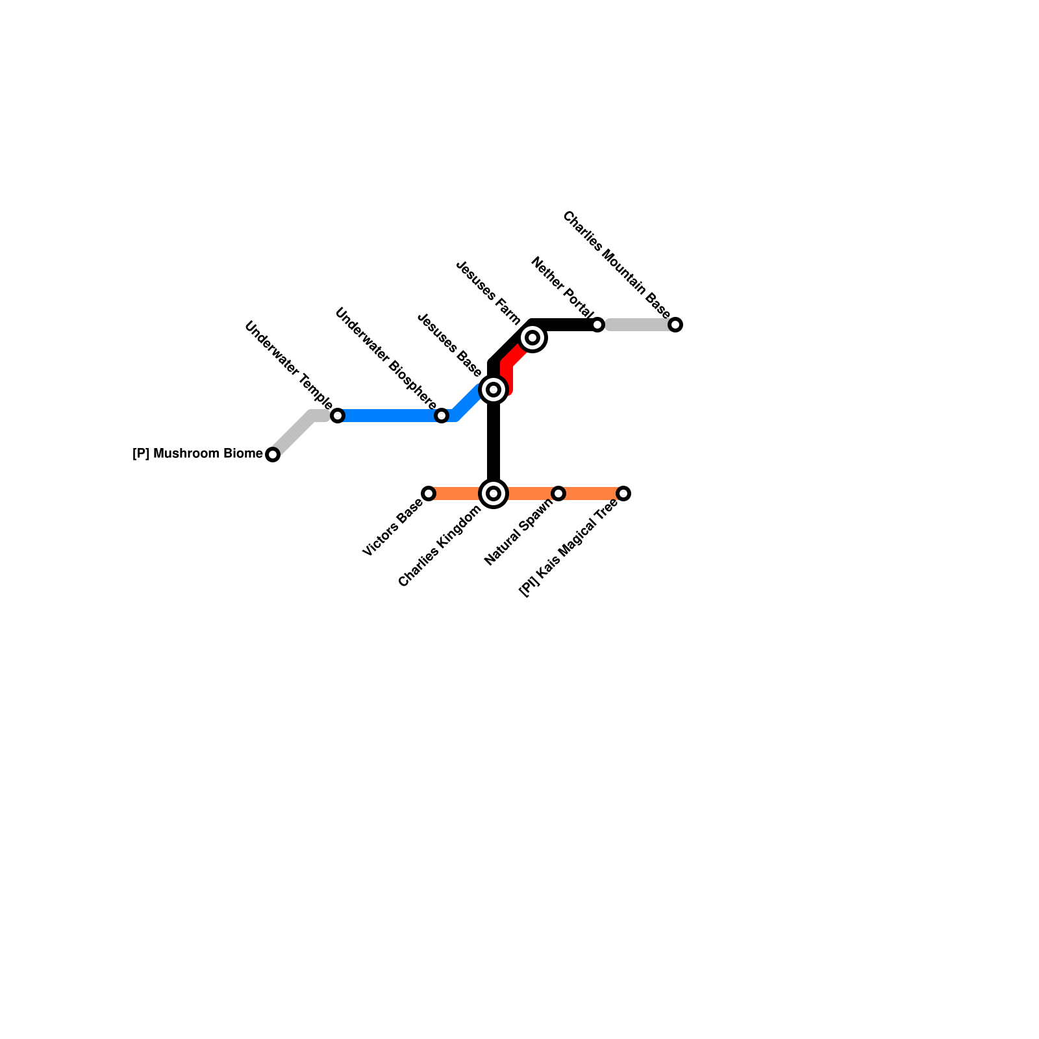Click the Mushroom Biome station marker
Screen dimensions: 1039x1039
pyautogui.click(x=273, y=455)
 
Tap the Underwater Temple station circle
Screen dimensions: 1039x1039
pyautogui.click(x=338, y=416)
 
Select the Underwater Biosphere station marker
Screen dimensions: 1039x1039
pyautogui.click(x=442, y=416)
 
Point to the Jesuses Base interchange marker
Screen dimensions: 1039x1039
pyautogui.click(x=494, y=390)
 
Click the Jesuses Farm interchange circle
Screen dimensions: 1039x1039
pyautogui.click(x=532, y=338)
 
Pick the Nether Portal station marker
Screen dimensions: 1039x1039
pyautogui.click(x=597, y=325)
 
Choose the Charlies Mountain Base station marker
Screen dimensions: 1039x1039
pyautogui.click(x=675, y=325)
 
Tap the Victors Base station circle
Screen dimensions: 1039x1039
pyautogui.click(x=429, y=494)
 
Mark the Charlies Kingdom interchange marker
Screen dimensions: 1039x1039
pyautogui.click(x=494, y=494)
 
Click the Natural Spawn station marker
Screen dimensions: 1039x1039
pyautogui.click(x=558, y=494)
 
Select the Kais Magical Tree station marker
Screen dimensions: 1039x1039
pyautogui.click(x=623, y=494)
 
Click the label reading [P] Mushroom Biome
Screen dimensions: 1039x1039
pyautogui.click(x=197, y=453)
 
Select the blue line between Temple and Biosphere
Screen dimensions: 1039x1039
pyautogui.click(x=390, y=416)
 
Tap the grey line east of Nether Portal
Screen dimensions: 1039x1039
pyautogui.click(x=636, y=325)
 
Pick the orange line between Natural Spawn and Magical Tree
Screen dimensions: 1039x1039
pyautogui.click(x=591, y=494)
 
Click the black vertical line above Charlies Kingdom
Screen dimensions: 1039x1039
pyautogui.click(x=494, y=442)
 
